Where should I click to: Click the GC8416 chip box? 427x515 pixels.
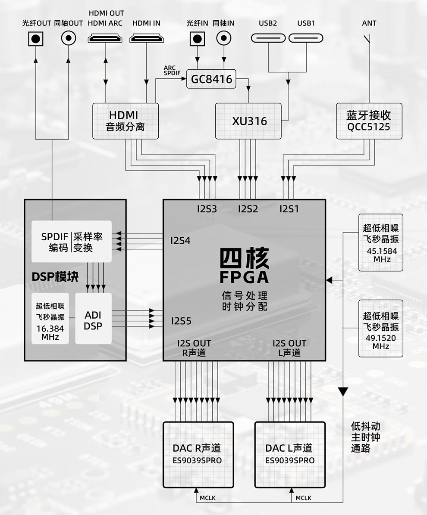211,79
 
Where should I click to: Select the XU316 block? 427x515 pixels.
248,121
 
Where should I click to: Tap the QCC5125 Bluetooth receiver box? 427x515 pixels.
369,121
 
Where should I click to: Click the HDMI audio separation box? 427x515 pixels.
126,121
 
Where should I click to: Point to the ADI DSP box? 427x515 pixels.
93,319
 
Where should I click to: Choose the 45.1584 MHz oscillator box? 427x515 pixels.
380,242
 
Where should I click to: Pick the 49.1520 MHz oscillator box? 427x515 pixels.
380,329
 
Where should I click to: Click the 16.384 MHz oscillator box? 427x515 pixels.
50,319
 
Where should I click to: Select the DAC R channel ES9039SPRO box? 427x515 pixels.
198,455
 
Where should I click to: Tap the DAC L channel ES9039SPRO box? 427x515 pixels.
290,455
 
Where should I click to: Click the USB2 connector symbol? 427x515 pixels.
268,38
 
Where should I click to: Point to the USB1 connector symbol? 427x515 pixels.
306,38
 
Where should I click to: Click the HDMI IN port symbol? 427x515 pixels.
146,39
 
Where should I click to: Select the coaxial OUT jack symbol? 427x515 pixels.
68,39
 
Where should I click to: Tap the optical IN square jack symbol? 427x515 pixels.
197,39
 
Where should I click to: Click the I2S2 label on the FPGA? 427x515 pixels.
248,209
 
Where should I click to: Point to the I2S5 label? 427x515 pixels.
181,321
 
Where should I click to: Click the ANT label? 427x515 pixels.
369,23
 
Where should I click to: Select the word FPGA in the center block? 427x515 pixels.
244,277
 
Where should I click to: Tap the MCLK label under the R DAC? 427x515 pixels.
207,498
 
